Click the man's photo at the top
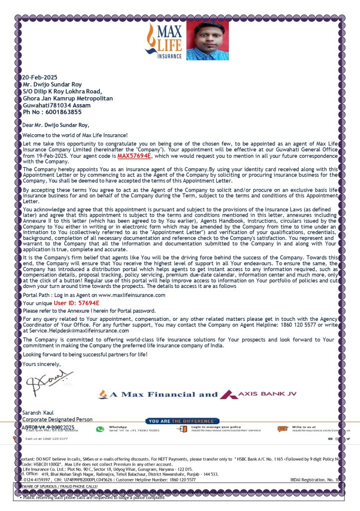207,40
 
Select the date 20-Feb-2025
40,77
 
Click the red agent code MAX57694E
134,156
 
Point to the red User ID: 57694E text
76,303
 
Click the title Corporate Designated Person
57,420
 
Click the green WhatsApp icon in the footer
100,429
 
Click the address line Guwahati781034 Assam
57,105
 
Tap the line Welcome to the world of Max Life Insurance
75,135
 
